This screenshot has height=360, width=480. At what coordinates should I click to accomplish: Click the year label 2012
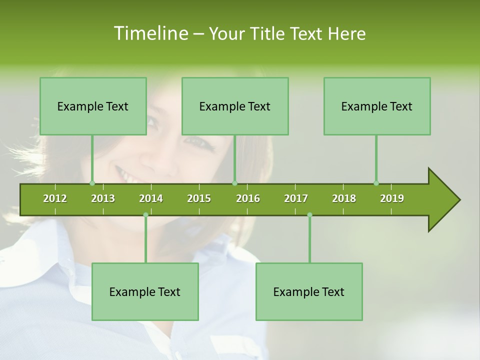click(55, 198)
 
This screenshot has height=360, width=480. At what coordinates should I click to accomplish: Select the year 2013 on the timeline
click(103, 198)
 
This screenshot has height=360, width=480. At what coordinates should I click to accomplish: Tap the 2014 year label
click(151, 198)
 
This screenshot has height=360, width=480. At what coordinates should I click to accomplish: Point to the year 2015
click(199, 198)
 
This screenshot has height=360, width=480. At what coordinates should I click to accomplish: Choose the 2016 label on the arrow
click(248, 198)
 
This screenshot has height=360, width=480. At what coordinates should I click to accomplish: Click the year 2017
click(296, 198)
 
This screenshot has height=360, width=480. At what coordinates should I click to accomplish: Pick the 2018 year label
click(344, 198)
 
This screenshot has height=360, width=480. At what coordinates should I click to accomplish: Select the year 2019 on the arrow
click(392, 198)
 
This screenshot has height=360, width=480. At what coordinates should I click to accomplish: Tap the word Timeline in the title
click(150, 33)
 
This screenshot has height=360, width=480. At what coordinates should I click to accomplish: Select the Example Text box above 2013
click(93, 106)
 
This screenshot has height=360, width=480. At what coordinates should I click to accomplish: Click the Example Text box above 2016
click(235, 106)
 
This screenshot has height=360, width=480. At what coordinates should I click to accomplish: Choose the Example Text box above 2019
click(377, 106)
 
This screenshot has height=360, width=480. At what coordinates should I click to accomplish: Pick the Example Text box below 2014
click(145, 291)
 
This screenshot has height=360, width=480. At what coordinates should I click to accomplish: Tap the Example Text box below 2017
click(309, 291)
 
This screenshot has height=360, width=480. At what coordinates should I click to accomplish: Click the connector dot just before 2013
click(92, 183)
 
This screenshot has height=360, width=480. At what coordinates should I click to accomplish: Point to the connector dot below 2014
click(145, 215)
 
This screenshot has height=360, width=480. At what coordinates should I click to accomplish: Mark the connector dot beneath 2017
click(309, 215)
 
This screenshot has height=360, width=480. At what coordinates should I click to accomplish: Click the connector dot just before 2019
click(376, 183)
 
